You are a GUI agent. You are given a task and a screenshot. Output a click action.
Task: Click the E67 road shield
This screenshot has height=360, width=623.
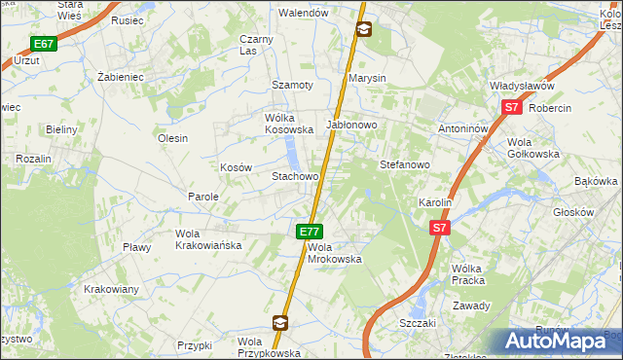43,44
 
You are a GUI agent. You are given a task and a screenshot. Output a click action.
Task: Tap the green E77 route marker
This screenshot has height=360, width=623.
310,232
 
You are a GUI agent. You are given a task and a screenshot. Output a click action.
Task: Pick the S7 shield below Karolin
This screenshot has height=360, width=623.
440,228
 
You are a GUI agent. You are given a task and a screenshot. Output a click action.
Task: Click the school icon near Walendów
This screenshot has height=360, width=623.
363,29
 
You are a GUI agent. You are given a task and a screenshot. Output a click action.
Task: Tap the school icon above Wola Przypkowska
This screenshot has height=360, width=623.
280,322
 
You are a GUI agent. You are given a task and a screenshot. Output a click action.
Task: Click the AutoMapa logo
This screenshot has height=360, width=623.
560,342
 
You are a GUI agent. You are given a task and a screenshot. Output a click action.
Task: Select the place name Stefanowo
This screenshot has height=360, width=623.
404,164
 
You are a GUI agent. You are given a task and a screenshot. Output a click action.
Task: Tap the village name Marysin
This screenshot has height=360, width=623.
368,78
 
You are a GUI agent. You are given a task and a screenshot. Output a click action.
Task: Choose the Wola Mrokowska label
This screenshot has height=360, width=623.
335,253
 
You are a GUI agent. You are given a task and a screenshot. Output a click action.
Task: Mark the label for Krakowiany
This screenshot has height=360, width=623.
111,289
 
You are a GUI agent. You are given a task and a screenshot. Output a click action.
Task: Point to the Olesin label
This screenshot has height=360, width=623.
172,138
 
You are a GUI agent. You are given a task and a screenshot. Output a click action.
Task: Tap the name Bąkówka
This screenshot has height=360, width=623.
597,181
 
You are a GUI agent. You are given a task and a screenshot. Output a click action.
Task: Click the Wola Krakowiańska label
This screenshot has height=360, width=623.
207,239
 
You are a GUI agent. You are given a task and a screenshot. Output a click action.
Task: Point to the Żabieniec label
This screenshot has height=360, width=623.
121,76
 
